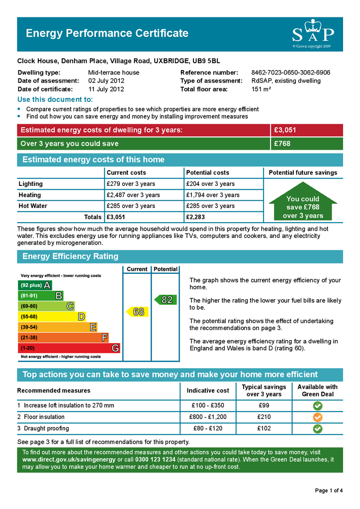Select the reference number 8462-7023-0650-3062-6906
coord(290,73)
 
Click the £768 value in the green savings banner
coord(282,144)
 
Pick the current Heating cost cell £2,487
coord(133,195)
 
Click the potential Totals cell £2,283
coord(195,217)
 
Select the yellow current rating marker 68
coord(138,312)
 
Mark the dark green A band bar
coord(34,285)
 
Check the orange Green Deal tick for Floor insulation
coord(318,417)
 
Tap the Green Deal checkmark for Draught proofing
coord(318,428)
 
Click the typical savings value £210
coord(264,417)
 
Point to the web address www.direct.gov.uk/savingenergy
coord(68,459)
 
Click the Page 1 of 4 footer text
coord(329,491)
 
